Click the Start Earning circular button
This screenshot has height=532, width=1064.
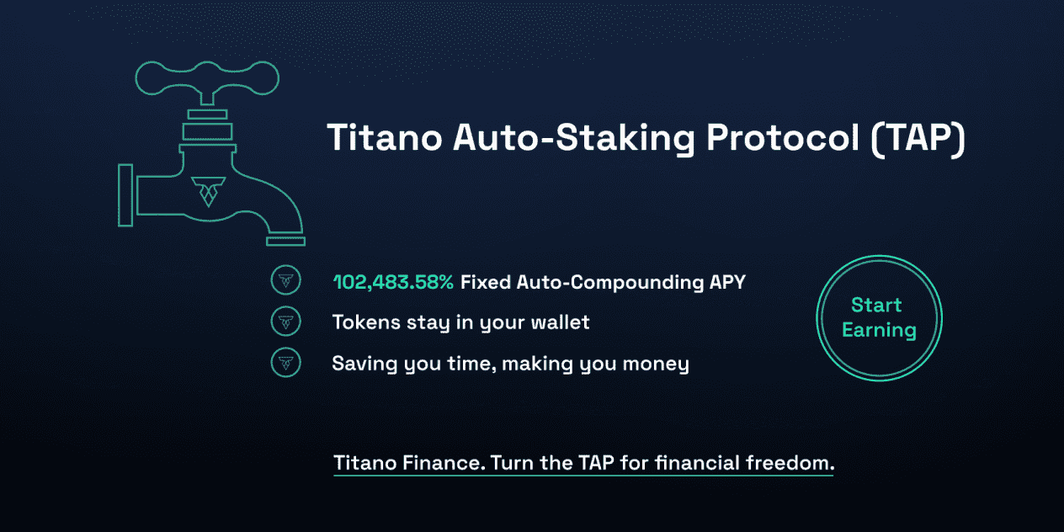tap(879, 318)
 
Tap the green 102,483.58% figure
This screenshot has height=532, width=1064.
tap(393, 282)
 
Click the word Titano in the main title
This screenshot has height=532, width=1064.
tap(385, 138)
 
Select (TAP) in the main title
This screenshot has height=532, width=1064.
tap(918, 139)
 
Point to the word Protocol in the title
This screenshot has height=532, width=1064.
tap(783, 138)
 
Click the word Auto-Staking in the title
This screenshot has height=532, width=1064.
tap(574, 139)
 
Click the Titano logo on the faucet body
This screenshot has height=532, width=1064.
tap(208, 191)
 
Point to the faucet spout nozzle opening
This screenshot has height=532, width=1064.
tap(285, 242)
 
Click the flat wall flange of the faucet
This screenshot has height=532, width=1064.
tap(125, 195)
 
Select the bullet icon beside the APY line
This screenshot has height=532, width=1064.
tap(285, 280)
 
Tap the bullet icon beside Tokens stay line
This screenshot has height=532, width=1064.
tap(285, 322)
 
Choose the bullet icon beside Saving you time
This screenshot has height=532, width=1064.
tap(285, 363)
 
